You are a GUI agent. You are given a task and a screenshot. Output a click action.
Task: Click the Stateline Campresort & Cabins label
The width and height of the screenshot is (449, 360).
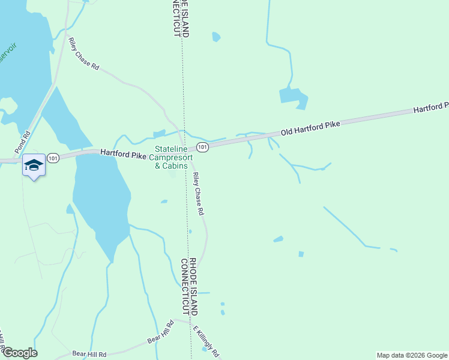171,157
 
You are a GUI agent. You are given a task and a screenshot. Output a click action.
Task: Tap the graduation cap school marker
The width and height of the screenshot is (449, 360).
34,166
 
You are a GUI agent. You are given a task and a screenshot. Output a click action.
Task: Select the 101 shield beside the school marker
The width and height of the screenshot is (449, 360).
53,158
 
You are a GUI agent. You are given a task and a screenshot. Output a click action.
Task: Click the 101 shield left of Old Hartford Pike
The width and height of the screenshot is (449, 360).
202,147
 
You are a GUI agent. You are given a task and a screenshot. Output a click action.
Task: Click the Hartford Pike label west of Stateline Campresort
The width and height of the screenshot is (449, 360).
123,155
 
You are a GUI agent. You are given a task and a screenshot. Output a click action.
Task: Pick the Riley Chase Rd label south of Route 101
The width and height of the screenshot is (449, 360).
199,194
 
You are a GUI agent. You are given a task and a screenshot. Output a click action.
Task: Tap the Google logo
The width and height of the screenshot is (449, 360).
20,353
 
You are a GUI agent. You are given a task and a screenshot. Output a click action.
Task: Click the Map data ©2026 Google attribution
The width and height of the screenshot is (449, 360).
412,355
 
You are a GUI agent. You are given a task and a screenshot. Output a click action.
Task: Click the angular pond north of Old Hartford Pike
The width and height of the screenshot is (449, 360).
293,97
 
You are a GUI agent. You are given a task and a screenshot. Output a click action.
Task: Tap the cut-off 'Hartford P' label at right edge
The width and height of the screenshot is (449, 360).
430,108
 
